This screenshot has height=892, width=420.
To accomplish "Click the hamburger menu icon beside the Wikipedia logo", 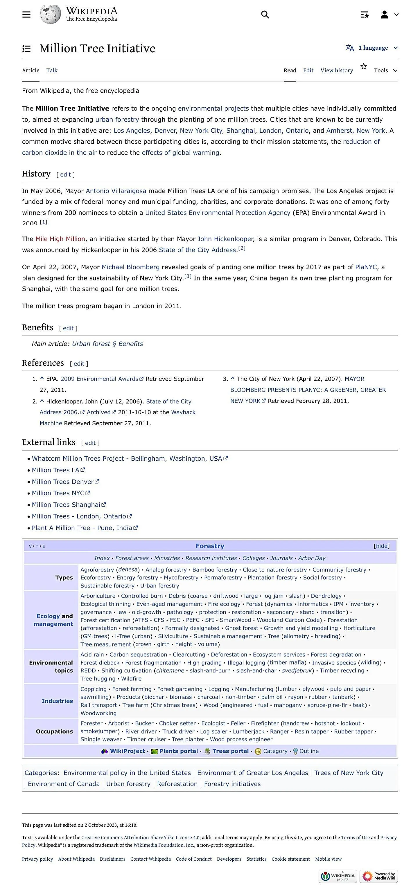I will point(26,15).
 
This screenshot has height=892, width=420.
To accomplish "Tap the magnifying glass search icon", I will point(265,15).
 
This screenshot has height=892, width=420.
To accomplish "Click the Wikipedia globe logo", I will point(50,15).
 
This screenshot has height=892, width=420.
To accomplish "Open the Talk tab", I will point(52,70).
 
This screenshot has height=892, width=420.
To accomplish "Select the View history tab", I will point(336,70).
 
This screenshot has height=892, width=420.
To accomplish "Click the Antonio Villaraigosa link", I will point(116,191).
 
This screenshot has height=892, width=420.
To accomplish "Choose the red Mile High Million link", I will point(60,239).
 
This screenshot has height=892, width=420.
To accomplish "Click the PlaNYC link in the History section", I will point(366,267).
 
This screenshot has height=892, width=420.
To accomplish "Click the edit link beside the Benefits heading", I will point(68,328).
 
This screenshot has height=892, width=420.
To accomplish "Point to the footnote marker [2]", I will point(242,248).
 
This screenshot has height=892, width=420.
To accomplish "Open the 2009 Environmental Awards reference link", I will point(99,379).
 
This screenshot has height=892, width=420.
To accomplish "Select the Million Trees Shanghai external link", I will point(66,504).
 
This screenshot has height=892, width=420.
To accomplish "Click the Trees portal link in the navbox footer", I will point(230,751).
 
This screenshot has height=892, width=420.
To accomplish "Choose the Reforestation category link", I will point(177,784).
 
